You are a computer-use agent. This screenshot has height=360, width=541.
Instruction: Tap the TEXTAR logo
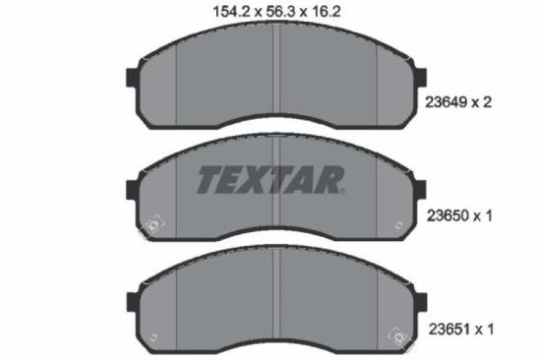click(x=270, y=179)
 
